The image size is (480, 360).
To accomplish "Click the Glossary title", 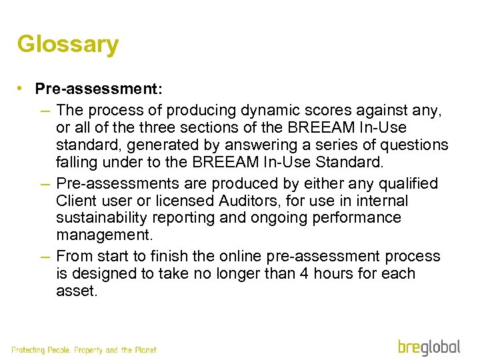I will pyautogui.click(x=68, y=45).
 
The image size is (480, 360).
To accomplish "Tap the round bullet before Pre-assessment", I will pyautogui.click(x=22, y=89).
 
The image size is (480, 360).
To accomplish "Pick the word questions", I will pyautogui.click(x=415, y=145).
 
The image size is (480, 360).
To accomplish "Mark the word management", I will pyautogui.click(x=103, y=235).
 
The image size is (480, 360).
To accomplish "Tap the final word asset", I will pyautogui.click(x=77, y=291).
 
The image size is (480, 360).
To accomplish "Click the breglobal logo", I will pyautogui.click(x=429, y=347).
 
